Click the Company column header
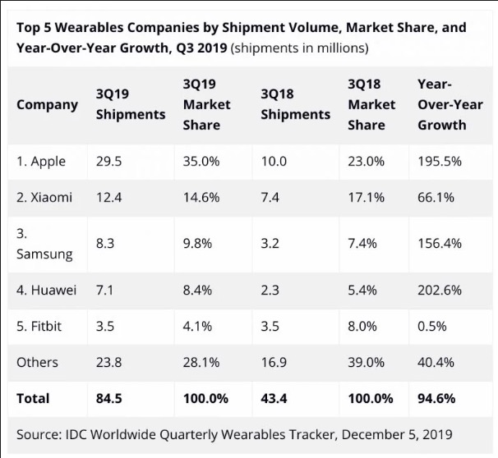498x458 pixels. point(47,104)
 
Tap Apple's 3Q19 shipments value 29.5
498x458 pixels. point(108,162)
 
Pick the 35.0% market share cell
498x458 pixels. point(201,162)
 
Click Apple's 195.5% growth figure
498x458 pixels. point(440,162)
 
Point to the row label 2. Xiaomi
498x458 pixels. point(44,198)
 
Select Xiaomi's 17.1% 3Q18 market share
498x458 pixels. point(367,198)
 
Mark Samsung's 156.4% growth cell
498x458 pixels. point(440,244)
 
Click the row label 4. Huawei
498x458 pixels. point(47,291)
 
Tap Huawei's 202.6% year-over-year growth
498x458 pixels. point(440,291)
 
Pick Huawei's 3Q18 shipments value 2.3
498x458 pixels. point(270,291)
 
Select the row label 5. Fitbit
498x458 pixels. point(39,327)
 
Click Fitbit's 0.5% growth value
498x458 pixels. point(432,327)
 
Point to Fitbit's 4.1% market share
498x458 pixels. point(198,327)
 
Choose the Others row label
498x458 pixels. point(38,362)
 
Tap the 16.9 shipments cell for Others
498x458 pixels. point(274,362)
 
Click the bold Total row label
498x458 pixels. point(33,398)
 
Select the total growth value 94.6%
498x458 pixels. point(436,398)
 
